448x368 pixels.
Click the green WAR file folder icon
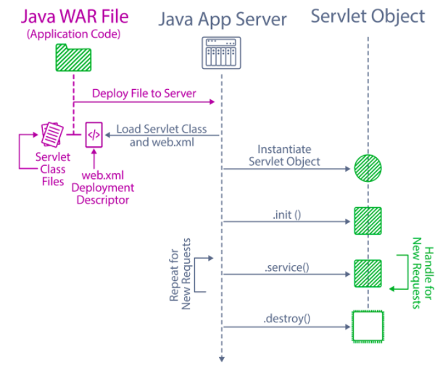tap(72, 58)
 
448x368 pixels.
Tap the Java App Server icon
tap(221, 52)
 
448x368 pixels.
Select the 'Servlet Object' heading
tap(368, 15)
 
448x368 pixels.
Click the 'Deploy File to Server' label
tap(144, 93)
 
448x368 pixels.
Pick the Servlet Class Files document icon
tap(51, 133)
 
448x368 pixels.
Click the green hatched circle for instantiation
tap(368, 169)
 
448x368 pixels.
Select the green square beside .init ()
tap(368, 220)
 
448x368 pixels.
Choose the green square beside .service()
tap(368, 273)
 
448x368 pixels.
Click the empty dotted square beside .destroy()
tap(368, 326)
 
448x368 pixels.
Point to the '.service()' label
tap(287, 267)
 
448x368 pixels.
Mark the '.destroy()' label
tap(286, 319)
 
